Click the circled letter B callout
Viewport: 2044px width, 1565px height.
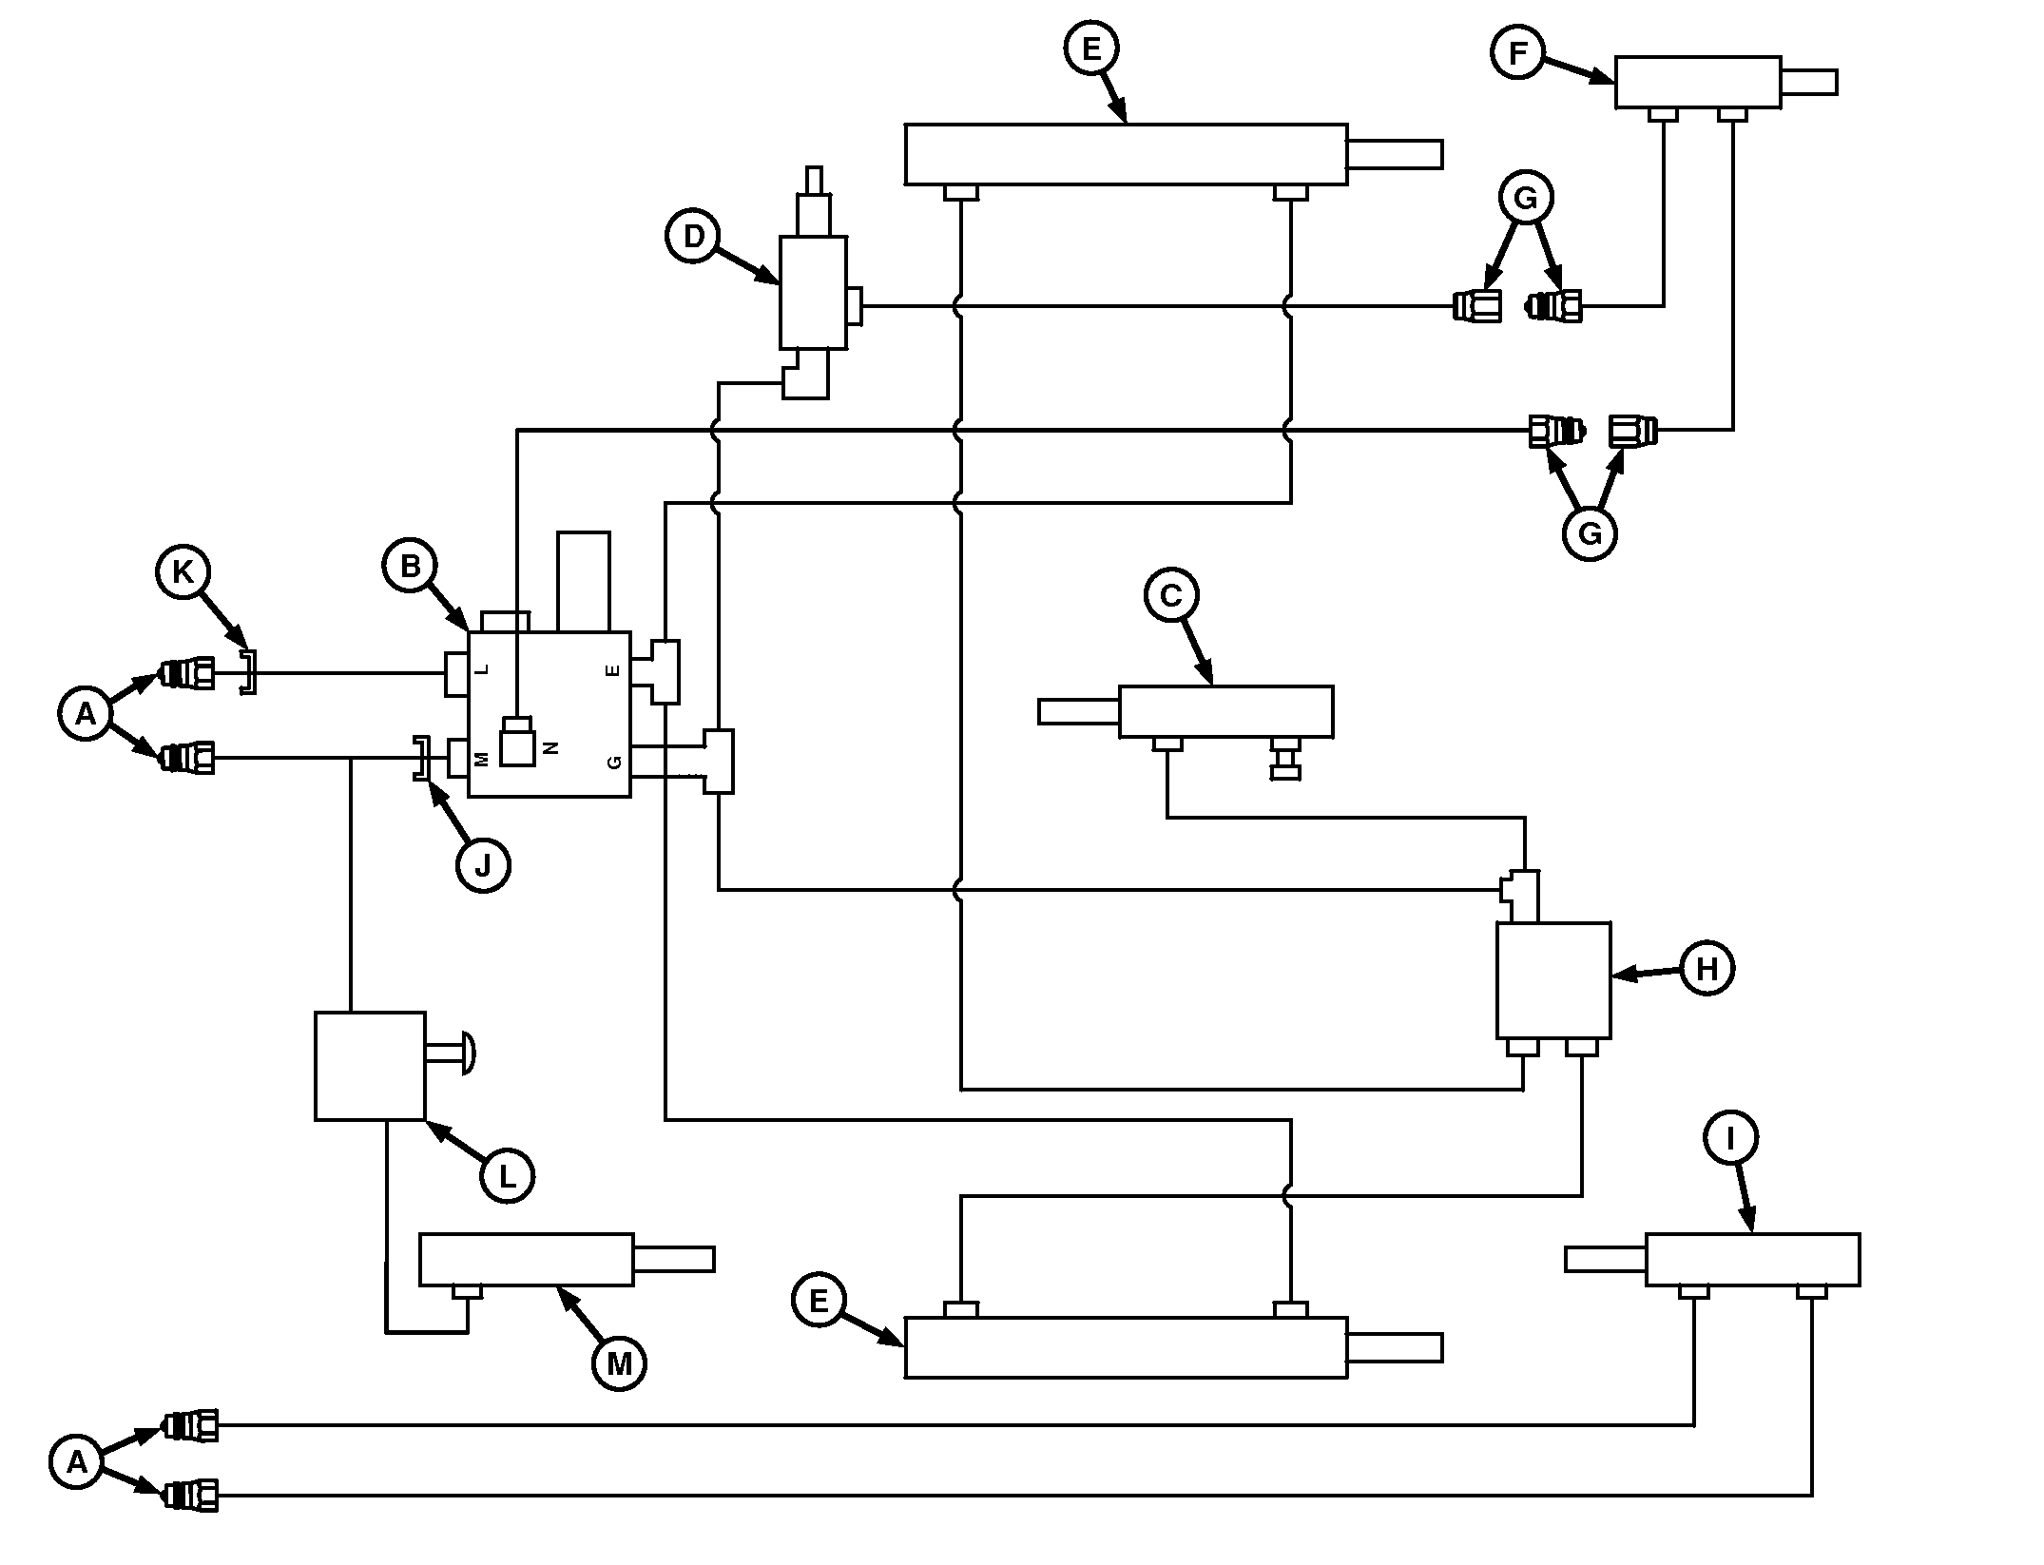click(x=411, y=567)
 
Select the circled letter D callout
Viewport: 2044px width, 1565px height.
click(x=694, y=236)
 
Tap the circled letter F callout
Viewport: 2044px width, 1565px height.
click(x=1517, y=53)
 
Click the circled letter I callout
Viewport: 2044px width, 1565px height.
click(x=1730, y=1138)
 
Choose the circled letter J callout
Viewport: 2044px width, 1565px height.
click(x=483, y=865)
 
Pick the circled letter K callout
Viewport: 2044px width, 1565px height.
click(x=183, y=571)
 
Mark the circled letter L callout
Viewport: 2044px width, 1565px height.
click(x=508, y=1176)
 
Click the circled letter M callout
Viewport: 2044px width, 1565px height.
click(x=619, y=1364)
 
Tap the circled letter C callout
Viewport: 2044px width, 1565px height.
click(x=1171, y=595)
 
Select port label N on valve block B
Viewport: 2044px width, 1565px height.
click(x=551, y=748)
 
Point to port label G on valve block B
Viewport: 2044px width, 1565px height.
click(x=614, y=762)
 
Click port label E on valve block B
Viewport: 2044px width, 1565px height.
click(x=613, y=669)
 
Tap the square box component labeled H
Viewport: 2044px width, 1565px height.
click(x=1553, y=980)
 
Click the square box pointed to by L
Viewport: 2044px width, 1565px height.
click(x=370, y=1066)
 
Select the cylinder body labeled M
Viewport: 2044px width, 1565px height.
click(x=527, y=1260)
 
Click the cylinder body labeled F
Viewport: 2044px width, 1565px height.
click(x=1698, y=83)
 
